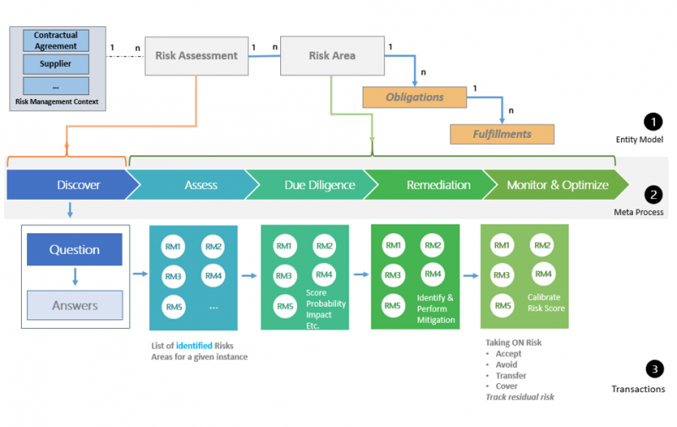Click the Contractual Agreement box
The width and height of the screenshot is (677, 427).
(x=56, y=41)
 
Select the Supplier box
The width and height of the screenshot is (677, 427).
(x=56, y=64)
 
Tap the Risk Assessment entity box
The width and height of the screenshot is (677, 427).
(x=196, y=56)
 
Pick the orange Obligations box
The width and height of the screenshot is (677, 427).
(x=415, y=97)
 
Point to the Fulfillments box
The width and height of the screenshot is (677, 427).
(x=502, y=134)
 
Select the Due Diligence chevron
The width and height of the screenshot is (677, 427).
(x=307, y=184)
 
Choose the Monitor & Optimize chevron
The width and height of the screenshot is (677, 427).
(x=556, y=184)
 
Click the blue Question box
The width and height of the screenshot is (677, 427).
(x=74, y=250)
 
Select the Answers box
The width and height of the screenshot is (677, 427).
(x=74, y=305)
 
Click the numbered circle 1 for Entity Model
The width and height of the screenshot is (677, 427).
(x=653, y=122)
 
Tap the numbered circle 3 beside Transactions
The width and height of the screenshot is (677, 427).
(x=653, y=369)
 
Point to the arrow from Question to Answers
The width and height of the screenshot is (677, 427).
(x=74, y=277)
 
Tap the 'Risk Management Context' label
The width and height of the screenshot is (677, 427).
(x=56, y=103)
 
